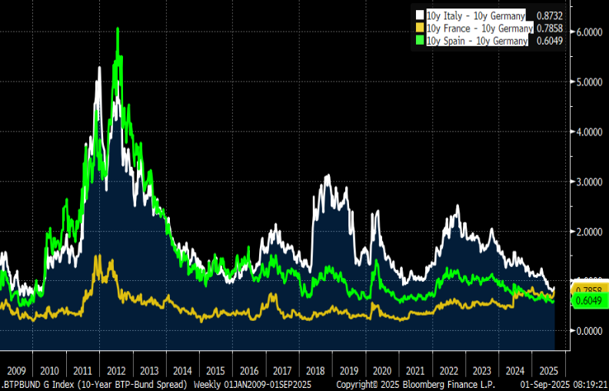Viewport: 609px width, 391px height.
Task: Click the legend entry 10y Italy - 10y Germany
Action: coord(475,15)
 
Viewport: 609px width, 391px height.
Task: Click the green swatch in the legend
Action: coord(420,41)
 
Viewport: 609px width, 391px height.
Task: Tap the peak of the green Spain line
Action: coord(117,29)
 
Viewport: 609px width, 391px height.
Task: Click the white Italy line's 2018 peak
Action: coord(328,176)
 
